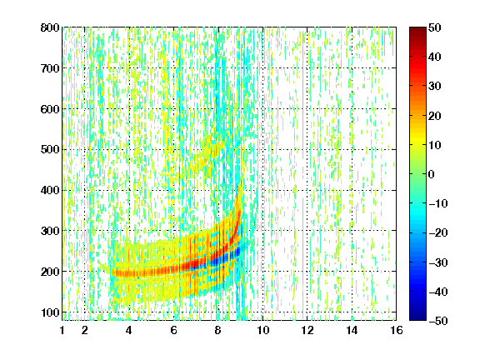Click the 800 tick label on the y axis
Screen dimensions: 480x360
coord(50,27)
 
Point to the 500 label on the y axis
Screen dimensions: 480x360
coord(50,150)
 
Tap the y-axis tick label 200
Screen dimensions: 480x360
coord(50,272)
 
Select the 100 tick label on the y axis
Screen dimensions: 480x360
coord(50,312)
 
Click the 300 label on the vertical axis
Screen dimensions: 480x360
coord(50,231)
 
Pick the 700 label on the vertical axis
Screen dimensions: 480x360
coord(50,68)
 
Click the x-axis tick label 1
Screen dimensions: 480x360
coord(62,330)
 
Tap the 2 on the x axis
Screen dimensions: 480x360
coord(85,330)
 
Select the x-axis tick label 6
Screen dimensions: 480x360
coord(174,330)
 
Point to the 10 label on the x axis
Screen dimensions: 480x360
coord(263,330)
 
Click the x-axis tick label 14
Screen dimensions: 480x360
coord(352,330)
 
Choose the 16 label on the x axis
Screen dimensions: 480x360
coord(397,330)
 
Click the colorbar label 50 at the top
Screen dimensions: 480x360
coord(435,27)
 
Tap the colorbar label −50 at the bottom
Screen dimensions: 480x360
coord(438,321)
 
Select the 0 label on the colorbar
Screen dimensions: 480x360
coord(432,174)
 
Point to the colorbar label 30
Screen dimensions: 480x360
coord(435,87)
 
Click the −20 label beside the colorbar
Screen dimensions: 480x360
coord(438,233)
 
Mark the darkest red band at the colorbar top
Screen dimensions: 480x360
coord(417,31)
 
